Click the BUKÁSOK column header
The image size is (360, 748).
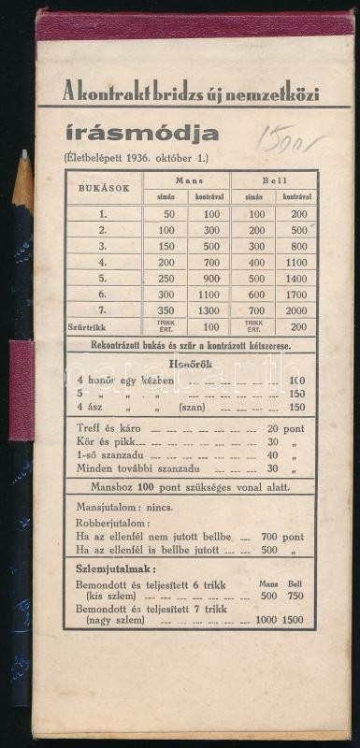click(103, 188)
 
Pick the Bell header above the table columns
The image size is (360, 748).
click(275, 179)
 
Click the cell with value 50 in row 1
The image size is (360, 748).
click(168, 214)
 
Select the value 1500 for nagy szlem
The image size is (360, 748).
click(293, 618)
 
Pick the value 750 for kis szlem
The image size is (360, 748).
click(294, 595)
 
